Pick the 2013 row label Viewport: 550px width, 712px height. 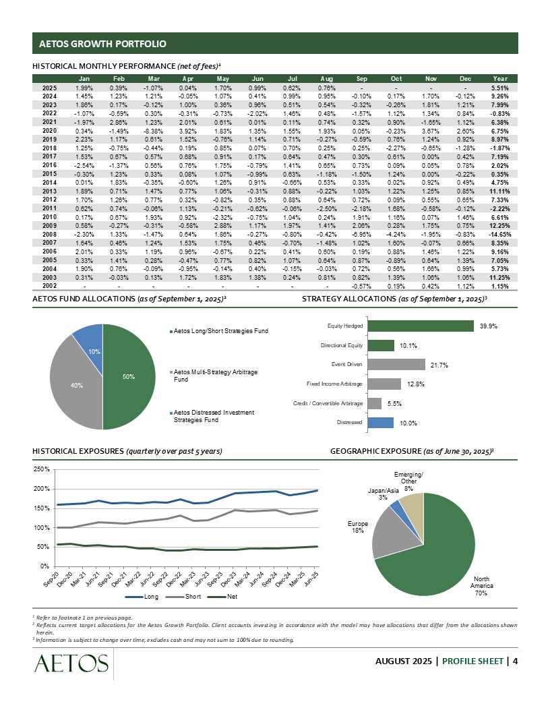pos(49,191)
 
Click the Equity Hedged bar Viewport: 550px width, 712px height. pos(421,326)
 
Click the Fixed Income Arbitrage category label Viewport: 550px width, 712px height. pos(334,384)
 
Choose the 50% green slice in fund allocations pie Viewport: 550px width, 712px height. pos(128,378)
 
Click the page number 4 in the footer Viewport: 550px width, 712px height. pos(515,660)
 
